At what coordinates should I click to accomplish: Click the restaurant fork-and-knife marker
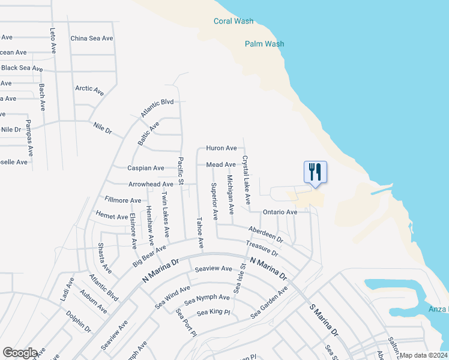click(315, 173)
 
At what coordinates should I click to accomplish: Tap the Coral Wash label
click(234, 22)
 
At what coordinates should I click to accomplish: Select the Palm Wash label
click(264, 44)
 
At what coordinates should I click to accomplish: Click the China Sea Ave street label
click(91, 38)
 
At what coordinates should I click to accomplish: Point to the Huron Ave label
click(221, 148)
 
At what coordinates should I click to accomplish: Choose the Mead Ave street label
click(221, 164)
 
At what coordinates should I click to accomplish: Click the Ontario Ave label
click(280, 212)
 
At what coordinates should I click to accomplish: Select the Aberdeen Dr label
click(265, 234)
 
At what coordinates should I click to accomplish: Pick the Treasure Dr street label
click(262, 248)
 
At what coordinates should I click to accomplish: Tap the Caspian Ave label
click(146, 169)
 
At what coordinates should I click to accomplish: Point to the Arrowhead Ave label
click(151, 185)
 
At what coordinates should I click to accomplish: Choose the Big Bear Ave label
click(149, 256)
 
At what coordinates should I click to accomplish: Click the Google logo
click(20, 353)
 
